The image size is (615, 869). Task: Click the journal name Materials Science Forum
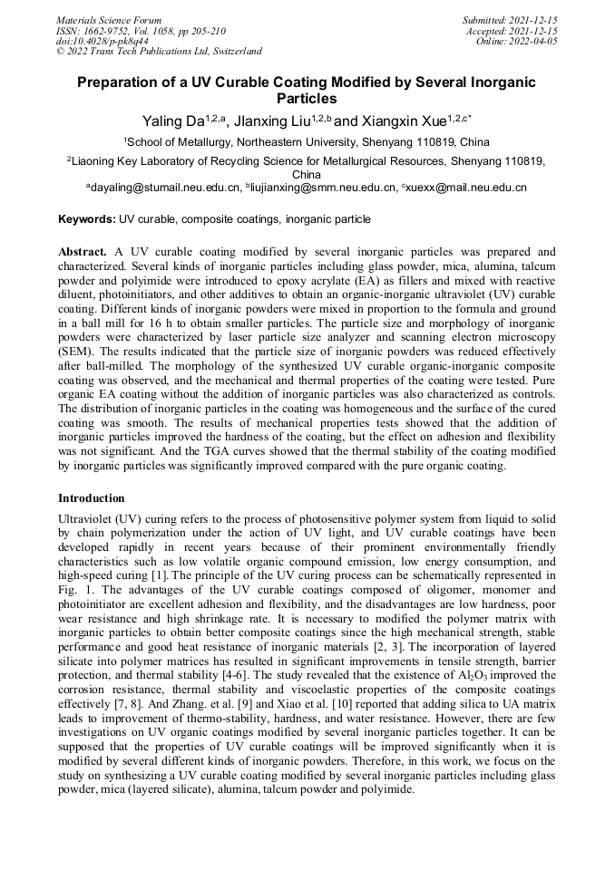click(x=109, y=19)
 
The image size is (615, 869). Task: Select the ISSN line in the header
click(x=142, y=30)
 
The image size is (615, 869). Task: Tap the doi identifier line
click(x=102, y=41)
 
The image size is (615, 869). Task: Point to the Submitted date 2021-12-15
click(x=510, y=19)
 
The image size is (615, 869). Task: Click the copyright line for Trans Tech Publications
click(x=159, y=52)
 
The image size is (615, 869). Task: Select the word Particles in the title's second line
click(x=307, y=98)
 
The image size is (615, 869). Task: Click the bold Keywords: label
click(x=87, y=219)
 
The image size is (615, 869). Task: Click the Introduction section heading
click(x=92, y=497)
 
